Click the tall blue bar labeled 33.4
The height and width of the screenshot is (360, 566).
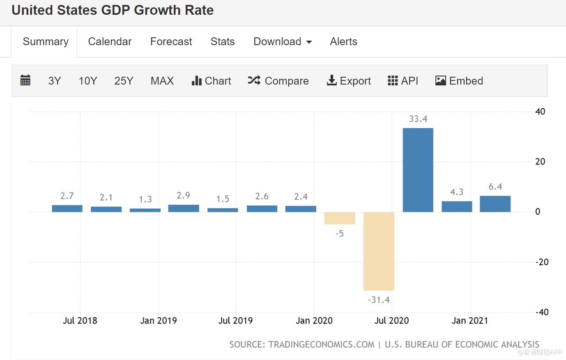(x=418, y=170)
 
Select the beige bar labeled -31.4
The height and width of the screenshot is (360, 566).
(x=379, y=251)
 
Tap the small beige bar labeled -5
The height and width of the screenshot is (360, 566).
(x=339, y=218)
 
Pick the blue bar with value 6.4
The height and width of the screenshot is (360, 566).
(x=495, y=204)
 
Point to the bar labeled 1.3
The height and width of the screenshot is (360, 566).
(x=145, y=210)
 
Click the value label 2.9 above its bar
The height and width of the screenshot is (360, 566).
(x=183, y=195)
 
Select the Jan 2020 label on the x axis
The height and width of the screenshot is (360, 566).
(x=314, y=321)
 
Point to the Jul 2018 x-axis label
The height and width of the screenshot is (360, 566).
(x=80, y=321)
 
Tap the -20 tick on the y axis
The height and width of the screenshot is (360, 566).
(x=542, y=262)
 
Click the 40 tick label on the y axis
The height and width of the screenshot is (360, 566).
(x=540, y=112)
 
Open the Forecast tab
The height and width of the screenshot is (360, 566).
(x=171, y=41)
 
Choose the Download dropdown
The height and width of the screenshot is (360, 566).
(x=283, y=41)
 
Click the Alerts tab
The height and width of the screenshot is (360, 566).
(x=343, y=41)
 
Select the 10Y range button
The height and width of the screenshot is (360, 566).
(x=88, y=81)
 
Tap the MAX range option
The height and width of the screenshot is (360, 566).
(x=162, y=81)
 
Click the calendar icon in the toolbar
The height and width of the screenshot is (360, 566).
(x=25, y=80)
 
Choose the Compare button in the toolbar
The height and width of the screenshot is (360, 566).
(x=278, y=81)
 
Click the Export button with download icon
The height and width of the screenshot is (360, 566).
(x=349, y=81)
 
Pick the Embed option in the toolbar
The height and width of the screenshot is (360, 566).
(x=459, y=81)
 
